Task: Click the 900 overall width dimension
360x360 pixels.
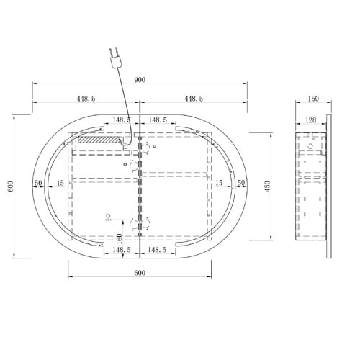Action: (140, 80)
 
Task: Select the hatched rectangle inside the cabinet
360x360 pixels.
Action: (99, 140)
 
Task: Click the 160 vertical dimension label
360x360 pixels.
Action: (120, 238)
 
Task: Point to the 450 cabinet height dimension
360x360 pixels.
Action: (268, 186)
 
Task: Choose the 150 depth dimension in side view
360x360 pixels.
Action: (313, 99)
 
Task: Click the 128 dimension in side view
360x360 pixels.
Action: (311, 120)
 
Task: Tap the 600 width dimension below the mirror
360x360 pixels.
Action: (140, 273)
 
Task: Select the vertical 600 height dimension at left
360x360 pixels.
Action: (11, 186)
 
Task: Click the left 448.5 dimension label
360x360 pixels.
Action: (86, 99)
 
